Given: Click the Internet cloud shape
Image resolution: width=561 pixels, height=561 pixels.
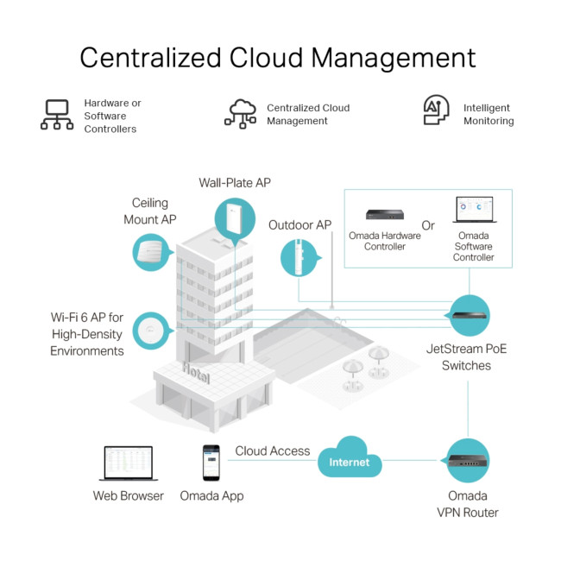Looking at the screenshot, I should coord(349,461).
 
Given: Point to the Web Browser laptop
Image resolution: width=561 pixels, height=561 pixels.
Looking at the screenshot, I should coord(128,463).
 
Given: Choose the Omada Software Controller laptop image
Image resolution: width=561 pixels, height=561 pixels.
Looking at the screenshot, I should coord(474,211).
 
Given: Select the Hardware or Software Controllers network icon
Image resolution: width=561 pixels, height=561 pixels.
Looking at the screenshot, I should coord(57,115).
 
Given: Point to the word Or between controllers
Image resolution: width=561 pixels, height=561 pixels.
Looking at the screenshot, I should coord(428,225).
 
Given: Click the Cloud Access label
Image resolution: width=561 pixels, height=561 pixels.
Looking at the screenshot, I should coord(272,451).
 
